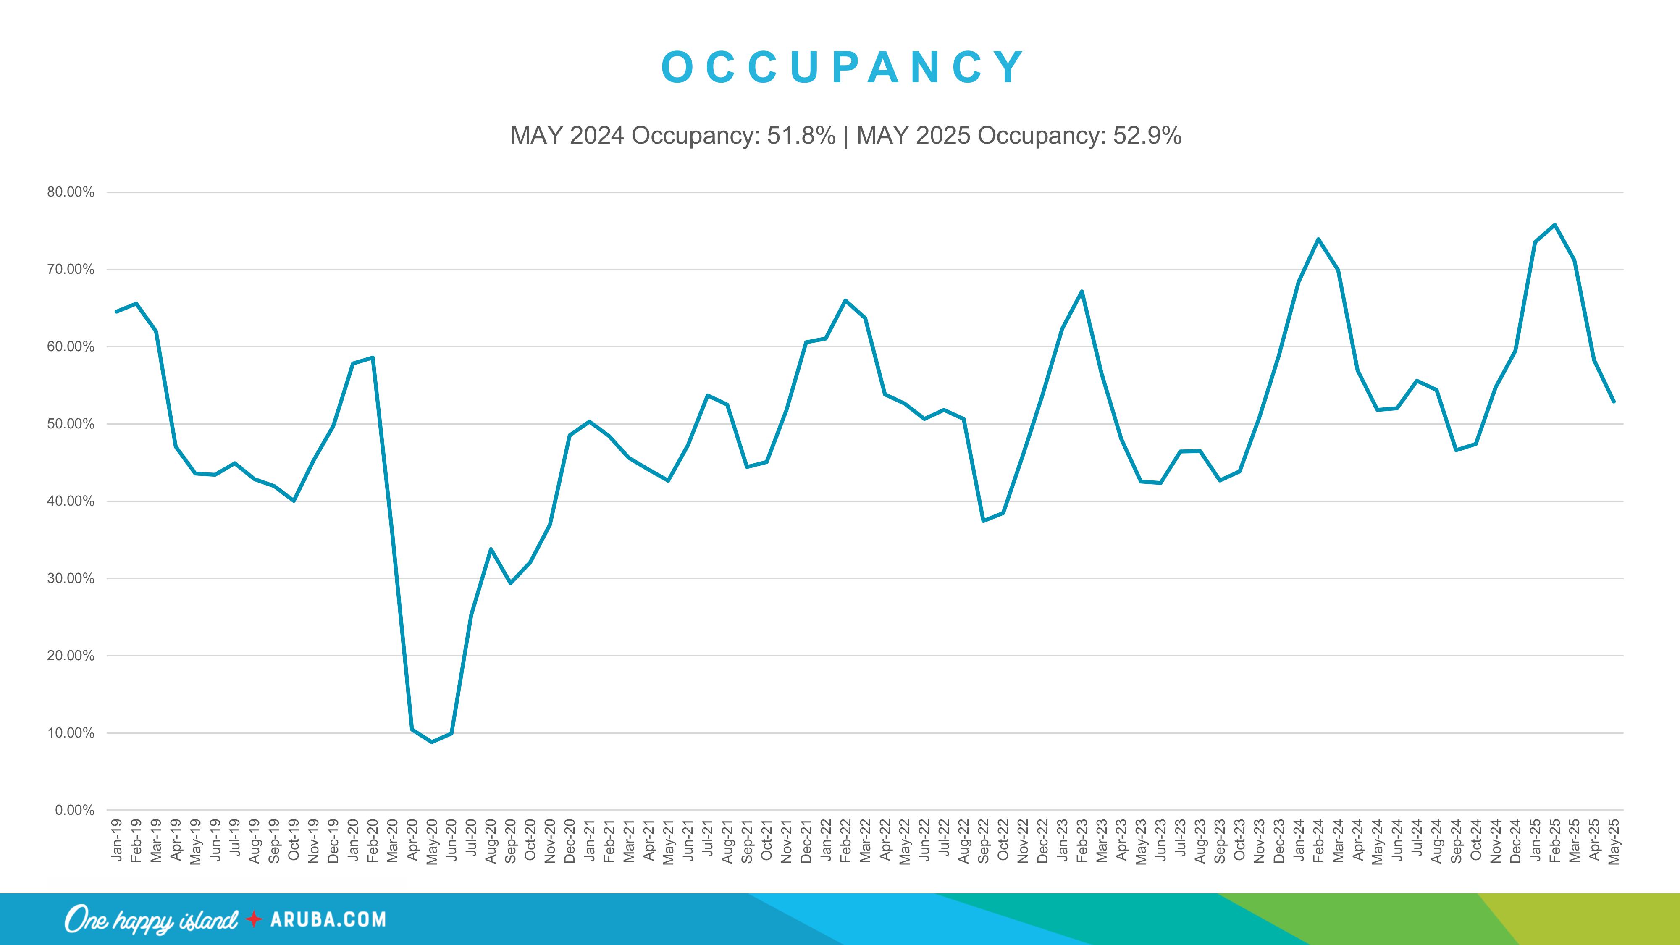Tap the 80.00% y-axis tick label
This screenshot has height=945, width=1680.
pyautogui.click(x=71, y=192)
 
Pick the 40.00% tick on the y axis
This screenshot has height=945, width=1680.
pyautogui.click(x=71, y=501)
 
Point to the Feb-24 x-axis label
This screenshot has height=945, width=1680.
pyautogui.click(x=1318, y=841)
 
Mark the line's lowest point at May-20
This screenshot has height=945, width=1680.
pyautogui.click(x=432, y=742)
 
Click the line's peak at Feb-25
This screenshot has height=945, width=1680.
pyautogui.click(x=1555, y=225)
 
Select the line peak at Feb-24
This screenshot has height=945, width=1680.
pyautogui.click(x=1318, y=239)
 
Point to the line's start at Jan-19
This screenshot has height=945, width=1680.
pyautogui.click(x=117, y=312)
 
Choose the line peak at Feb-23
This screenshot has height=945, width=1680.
pyautogui.click(x=1082, y=291)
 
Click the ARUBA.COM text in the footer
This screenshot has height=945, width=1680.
pyautogui.click(x=328, y=919)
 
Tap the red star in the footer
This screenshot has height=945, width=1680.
pyautogui.click(x=254, y=919)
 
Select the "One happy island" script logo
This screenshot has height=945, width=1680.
pyautogui.click(x=151, y=919)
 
